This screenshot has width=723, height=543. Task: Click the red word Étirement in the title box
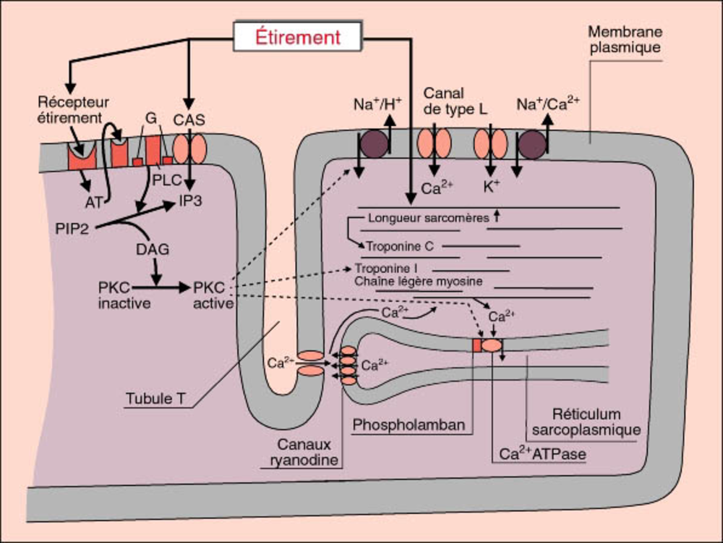(297, 37)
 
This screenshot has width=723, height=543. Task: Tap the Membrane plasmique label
(624, 40)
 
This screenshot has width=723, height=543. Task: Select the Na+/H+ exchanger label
(374, 104)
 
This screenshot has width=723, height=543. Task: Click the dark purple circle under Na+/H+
(375, 143)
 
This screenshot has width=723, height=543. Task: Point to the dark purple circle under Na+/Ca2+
(533, 144)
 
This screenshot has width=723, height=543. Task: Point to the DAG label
(152, 250)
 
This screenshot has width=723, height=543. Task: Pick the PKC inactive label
(124, 295)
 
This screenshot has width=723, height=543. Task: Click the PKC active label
(213, 295)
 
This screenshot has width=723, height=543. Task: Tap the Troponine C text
(399, 246)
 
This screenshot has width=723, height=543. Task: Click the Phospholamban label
(409, 425)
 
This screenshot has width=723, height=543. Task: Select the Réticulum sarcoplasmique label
(586, 421)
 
